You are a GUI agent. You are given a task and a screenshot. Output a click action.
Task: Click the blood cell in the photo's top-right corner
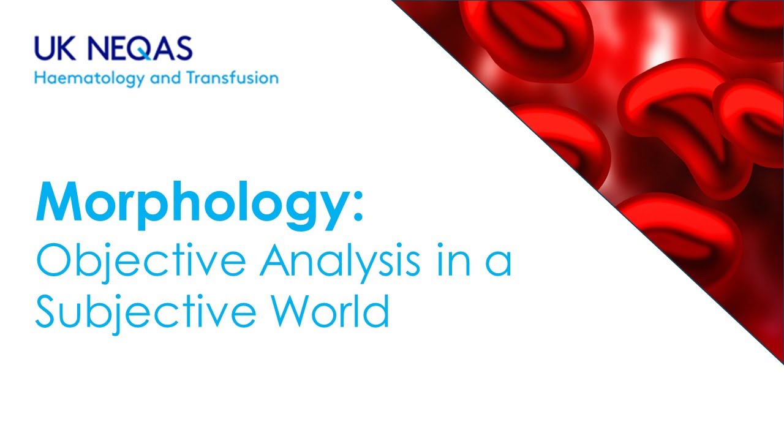tap(744, 24)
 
